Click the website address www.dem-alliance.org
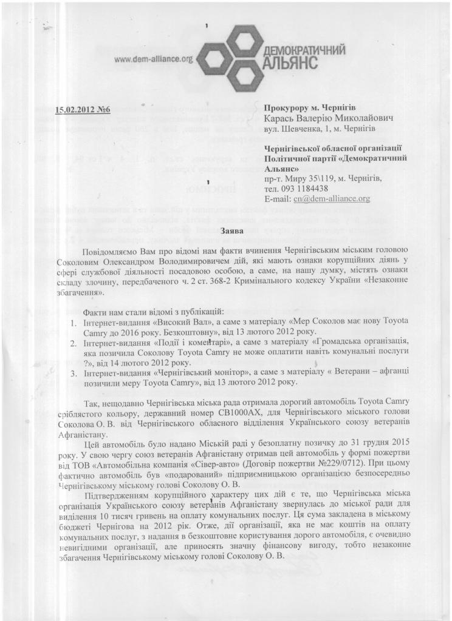152,59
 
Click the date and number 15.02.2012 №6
83,110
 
